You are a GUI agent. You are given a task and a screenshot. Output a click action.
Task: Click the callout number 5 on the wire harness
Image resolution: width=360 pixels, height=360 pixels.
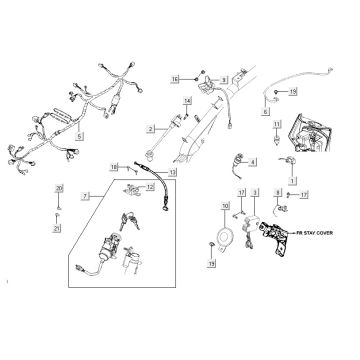[x=81, y=135]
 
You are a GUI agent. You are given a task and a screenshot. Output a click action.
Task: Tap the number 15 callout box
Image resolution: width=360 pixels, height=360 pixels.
[x=172, y=78]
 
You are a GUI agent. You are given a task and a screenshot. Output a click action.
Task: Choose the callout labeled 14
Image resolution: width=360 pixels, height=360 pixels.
[x=186, y=102]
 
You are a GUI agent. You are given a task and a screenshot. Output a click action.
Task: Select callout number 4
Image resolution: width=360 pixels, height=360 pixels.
[x=252, y=161]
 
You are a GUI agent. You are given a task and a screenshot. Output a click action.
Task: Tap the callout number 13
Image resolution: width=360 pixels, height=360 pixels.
[x=172, y=172]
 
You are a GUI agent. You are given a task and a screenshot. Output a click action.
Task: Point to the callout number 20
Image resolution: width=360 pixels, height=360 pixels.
[x=58, y=188]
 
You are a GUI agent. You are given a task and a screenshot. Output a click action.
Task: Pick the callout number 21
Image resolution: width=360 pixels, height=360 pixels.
[x=58, y=230]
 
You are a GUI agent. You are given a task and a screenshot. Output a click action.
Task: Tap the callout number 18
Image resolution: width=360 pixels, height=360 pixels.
[x=114, y=165]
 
